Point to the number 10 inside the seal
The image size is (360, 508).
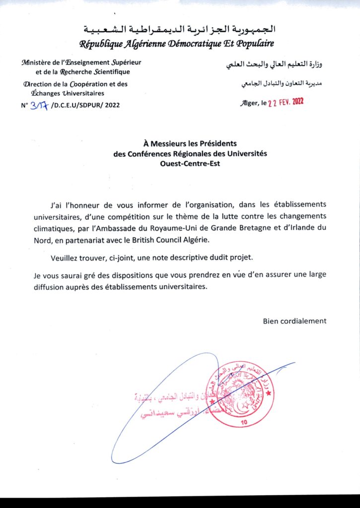pos(243,422)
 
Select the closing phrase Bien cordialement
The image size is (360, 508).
pos(294,320)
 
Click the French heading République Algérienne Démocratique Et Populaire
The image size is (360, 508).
pos(177,44)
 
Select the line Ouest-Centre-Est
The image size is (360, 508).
pos(190,163)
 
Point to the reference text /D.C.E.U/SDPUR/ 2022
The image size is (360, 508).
pos(85,105)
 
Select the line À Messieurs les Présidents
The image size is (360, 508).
pos(190,144)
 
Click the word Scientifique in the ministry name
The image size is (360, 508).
pos(101,72)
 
